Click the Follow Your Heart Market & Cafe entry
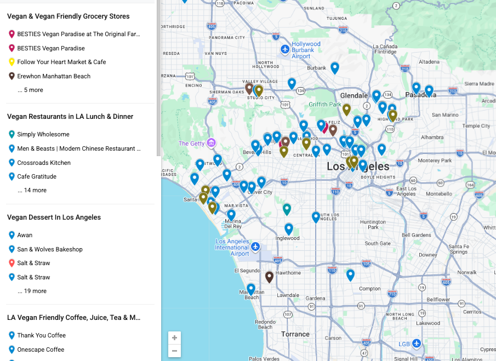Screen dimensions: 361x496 click(x=61, y=62)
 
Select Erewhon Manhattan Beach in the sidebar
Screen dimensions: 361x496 click(x=54, y=76)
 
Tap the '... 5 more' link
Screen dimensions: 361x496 click(x=30, y=90)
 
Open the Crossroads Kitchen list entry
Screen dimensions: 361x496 click(x=43, y=163)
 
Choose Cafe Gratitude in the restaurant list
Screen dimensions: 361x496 click(x=37, y=176)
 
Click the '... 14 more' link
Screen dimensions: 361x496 click(x=32, y=190)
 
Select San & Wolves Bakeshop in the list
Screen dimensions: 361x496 click(x=49, y=249)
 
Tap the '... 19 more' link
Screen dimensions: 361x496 click(x=32, y=291)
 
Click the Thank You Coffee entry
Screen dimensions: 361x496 click(x=41, y=335)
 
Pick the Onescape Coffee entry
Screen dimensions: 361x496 click(x=41, y=349)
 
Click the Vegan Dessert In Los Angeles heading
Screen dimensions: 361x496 click(x=54, y=217)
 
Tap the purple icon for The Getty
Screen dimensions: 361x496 click(x=211, y=144)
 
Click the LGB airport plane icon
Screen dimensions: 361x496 click(x=417, y=343)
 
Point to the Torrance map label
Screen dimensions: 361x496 click(x=295, y=334)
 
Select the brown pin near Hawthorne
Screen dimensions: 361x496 click(x=269, y=277)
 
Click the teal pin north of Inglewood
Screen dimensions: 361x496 click(x=287, y=209)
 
